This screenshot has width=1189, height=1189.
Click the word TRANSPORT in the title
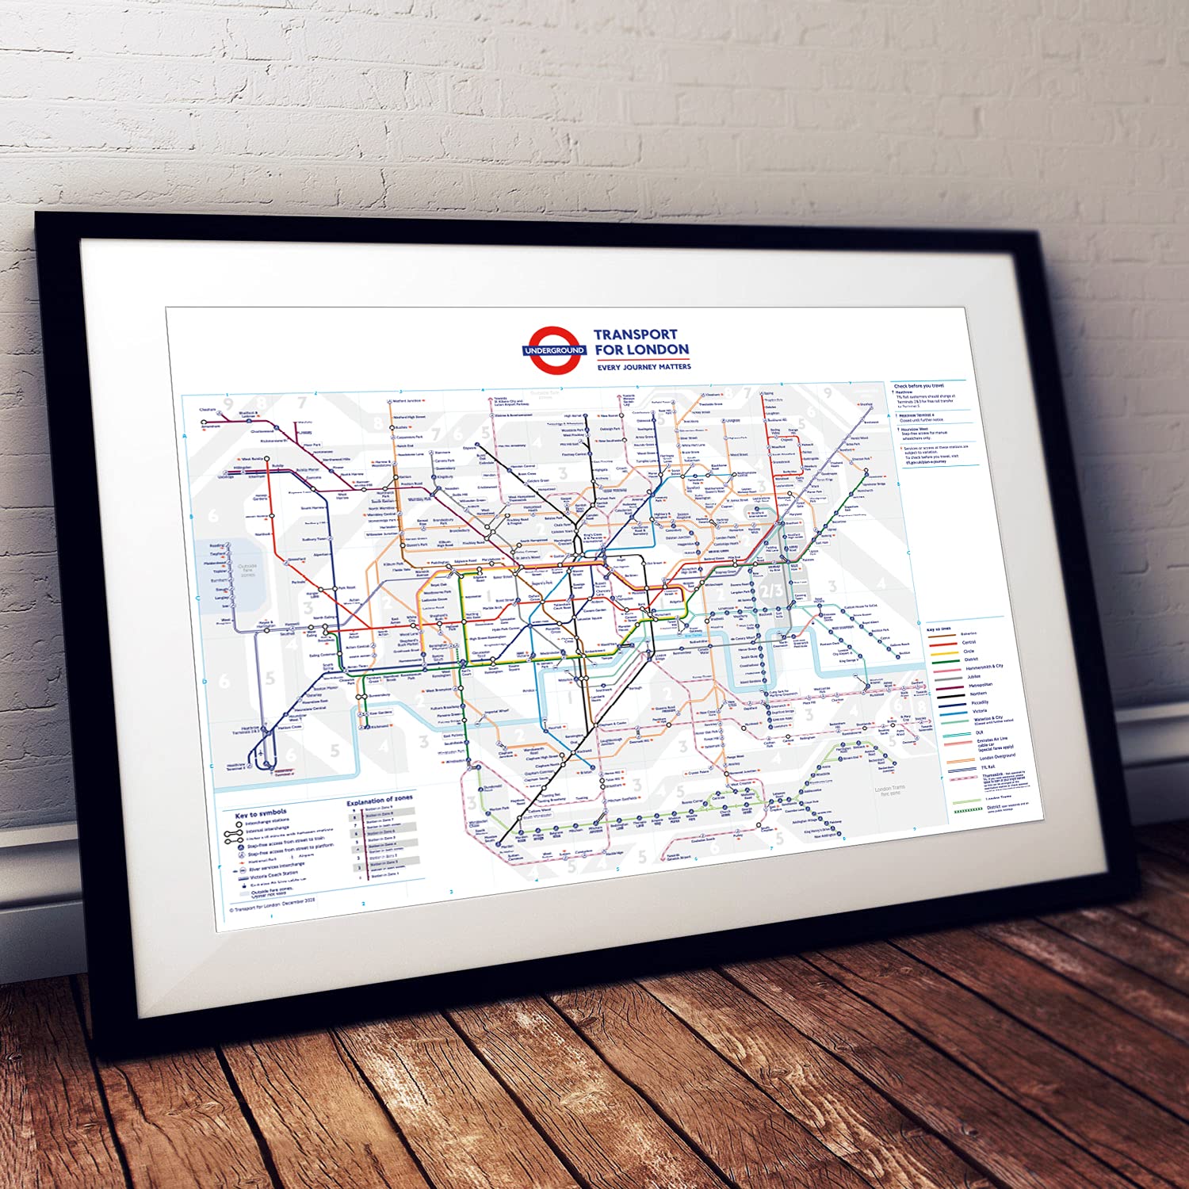point(635,335)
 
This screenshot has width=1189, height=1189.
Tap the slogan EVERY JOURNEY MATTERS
point(644,367)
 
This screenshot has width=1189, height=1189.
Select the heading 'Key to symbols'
point(261,813)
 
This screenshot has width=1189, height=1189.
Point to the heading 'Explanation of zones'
point(380,801)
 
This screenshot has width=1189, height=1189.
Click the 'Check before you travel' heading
point(919,386)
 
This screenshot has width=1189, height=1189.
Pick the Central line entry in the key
point(968,643)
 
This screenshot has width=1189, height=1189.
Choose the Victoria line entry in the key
point(980,711)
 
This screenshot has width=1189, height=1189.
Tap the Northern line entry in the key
point(978,694)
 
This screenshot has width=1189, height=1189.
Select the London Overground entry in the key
point(996,757)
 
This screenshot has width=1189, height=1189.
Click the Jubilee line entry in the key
point(973,676)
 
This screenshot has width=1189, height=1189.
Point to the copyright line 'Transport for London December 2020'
point(273,906)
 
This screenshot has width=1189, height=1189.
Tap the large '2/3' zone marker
point(770,591)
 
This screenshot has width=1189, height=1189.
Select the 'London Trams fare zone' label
point(889,790)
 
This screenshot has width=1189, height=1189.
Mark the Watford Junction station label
point(409,401)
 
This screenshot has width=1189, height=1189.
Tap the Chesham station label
point(208,410)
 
